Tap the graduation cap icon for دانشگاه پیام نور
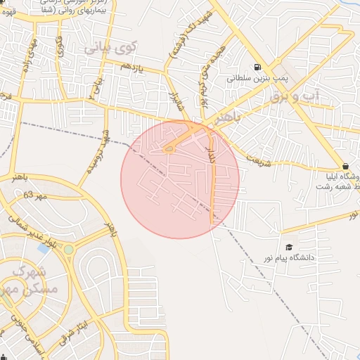(x=288, y=247)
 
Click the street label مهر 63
(x=34, y=195)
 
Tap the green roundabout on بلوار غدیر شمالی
(x=69, y=249)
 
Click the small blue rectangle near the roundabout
(x=44, y=248)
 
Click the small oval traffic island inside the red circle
(x=169, y=148)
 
